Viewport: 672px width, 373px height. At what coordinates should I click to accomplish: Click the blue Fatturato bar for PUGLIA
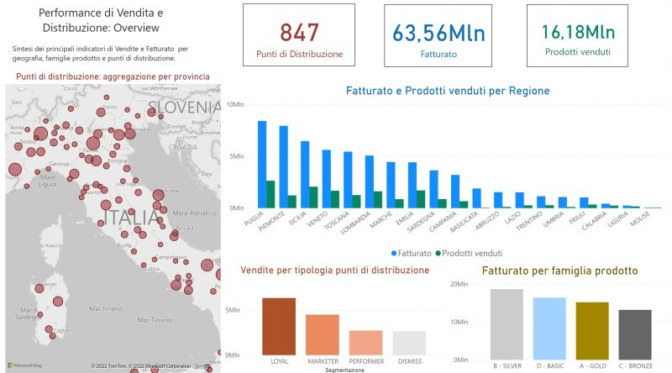coord(262,164)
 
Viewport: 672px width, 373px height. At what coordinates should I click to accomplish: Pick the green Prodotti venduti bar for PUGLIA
coord(270,194)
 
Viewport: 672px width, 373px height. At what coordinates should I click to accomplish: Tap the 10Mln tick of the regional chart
coord(234,104)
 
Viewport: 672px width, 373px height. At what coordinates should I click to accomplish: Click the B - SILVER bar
coord(507,324)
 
